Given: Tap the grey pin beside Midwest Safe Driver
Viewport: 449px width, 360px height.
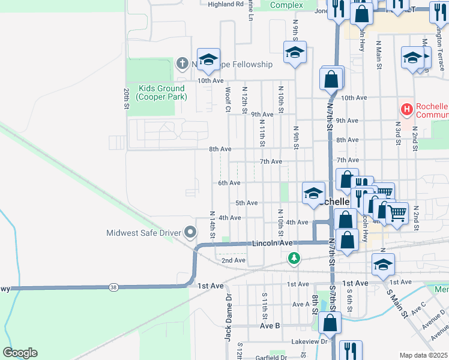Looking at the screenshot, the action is (191, 232).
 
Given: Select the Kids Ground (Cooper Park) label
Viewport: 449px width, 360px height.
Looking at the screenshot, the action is (161, 92).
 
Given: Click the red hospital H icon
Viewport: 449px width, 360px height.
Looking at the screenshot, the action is (407, 109).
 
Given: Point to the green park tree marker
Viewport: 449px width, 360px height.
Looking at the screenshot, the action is (294, 259).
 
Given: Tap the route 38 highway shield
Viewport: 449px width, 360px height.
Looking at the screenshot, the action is (113, 288).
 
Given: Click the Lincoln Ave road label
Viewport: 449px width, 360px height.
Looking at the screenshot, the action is (272, 243).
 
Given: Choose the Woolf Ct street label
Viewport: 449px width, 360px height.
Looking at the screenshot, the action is (228, 100).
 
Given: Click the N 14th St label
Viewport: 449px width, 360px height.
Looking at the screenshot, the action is (212, 223).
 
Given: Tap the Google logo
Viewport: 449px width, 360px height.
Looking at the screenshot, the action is (20, 353).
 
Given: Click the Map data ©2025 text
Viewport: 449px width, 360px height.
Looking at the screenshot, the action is (423, 355).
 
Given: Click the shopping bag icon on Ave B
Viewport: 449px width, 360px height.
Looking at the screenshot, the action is (330, 323).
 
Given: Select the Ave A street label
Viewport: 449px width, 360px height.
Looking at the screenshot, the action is (301, 304).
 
